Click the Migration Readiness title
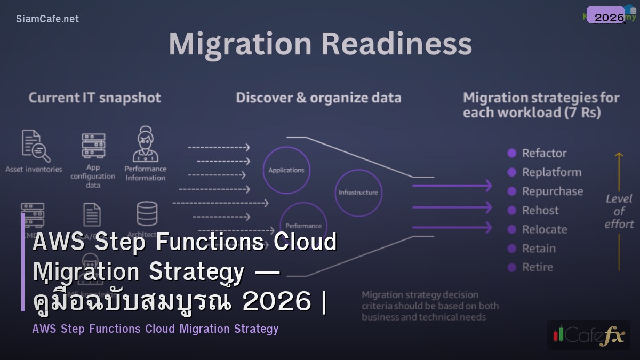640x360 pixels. [320, 44]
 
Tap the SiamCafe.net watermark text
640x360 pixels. [47, 19]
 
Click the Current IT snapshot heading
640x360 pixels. [94, 98]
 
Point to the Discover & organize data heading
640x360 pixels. [318, 98]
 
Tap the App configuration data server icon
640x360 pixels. [93, 146]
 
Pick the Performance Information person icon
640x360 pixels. [145, 143]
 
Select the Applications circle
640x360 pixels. [286, 170]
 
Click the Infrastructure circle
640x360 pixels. [358, 193]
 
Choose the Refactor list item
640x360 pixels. [544, 154]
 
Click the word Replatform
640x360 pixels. [551, 172]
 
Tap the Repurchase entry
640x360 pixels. [553, 191]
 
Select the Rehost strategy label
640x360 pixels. [540, 211]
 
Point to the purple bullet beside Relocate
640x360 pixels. [512, 229]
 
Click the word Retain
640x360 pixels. [539, 249]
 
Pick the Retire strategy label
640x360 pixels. [538, 267]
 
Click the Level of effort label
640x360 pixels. [619, 211]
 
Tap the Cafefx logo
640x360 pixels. [588, 335]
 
